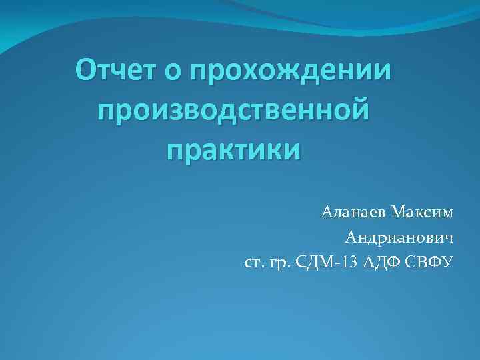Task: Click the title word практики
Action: point(233,148)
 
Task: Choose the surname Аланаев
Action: point(353,213)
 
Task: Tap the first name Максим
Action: point(422,213)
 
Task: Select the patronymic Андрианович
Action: point(399,237)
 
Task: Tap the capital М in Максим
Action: point(399,213)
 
